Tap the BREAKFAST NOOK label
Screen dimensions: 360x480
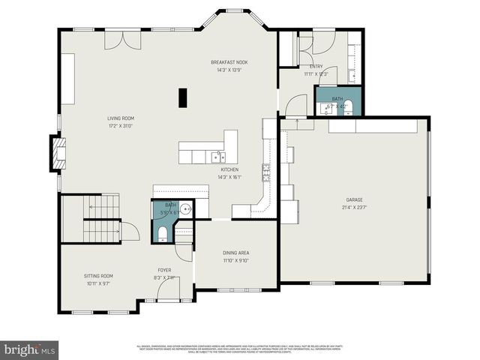click(229, 62)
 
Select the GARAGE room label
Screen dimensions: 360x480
click(354, 199)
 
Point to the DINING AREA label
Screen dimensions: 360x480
click(236, 253)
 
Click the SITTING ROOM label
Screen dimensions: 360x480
click(97, 276)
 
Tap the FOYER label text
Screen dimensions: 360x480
click(163, 270)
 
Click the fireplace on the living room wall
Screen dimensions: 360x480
click(57, 153)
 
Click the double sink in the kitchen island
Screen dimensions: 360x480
click(217, 157)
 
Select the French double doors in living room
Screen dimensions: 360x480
click(117, 40)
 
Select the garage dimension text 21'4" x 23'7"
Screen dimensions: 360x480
click(354, 208)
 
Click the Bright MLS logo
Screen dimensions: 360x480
click(30, 349)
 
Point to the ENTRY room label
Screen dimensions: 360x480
click(316, 66)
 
